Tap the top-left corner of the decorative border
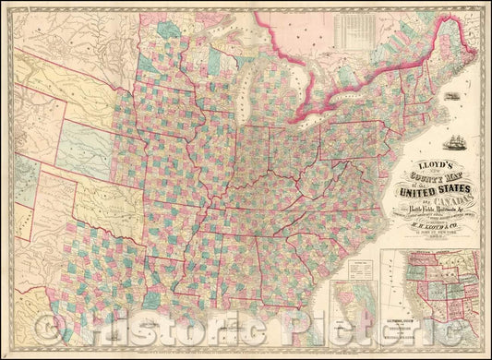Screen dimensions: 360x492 pyautogui.click(x=5, y=5)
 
